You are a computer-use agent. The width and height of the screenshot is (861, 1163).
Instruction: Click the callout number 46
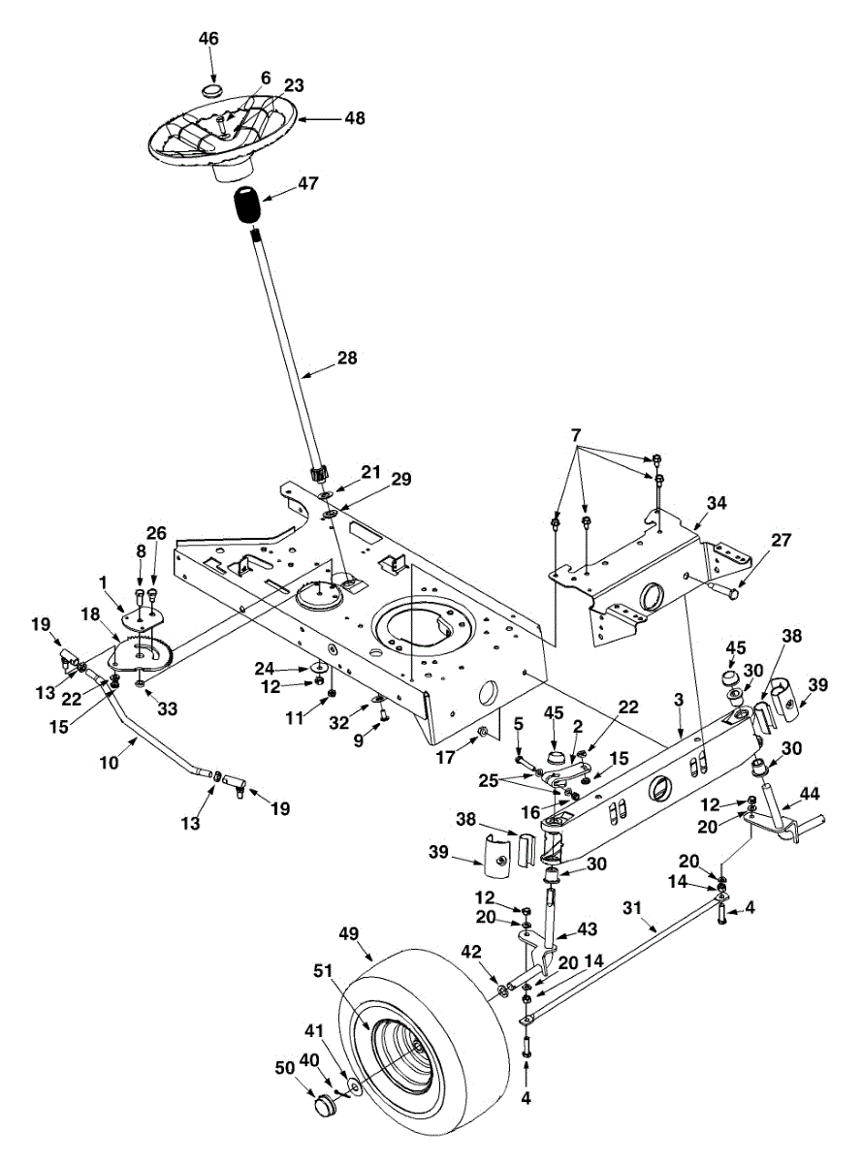click(x=208, y=39)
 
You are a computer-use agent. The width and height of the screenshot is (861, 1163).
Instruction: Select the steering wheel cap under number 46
click(x=212, y=89)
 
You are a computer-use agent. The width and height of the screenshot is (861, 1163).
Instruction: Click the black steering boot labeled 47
click(x=250, y=206)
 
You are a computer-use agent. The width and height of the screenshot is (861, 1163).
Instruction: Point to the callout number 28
click(x=346, y=359)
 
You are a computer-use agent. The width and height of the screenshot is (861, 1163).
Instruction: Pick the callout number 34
click(x=716, y=503)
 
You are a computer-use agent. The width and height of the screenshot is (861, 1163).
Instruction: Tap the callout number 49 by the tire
click(x=349, y=934)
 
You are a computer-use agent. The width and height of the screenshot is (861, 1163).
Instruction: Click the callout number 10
click(x=109, y=763)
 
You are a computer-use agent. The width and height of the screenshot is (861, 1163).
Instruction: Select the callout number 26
click(x=156, y=533)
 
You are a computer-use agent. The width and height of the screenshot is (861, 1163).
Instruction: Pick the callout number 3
click(x=680, y=699)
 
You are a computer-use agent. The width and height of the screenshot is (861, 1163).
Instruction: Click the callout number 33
click(x=169, y=709)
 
